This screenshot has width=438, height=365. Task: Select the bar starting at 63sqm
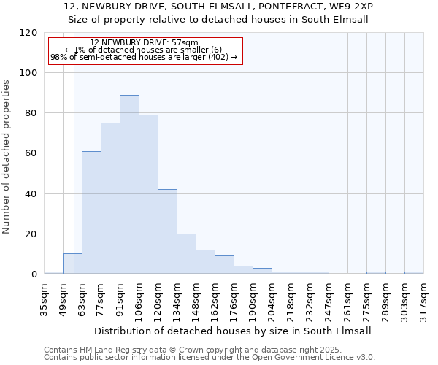(x=91, y=212)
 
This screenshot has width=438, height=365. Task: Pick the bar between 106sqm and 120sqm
(x=148, y=194)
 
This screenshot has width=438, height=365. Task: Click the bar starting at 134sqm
(x=186, y=254)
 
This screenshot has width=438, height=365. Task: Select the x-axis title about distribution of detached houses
(x=234, y=331)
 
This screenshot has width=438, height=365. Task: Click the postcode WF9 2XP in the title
(x=352, y=7)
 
